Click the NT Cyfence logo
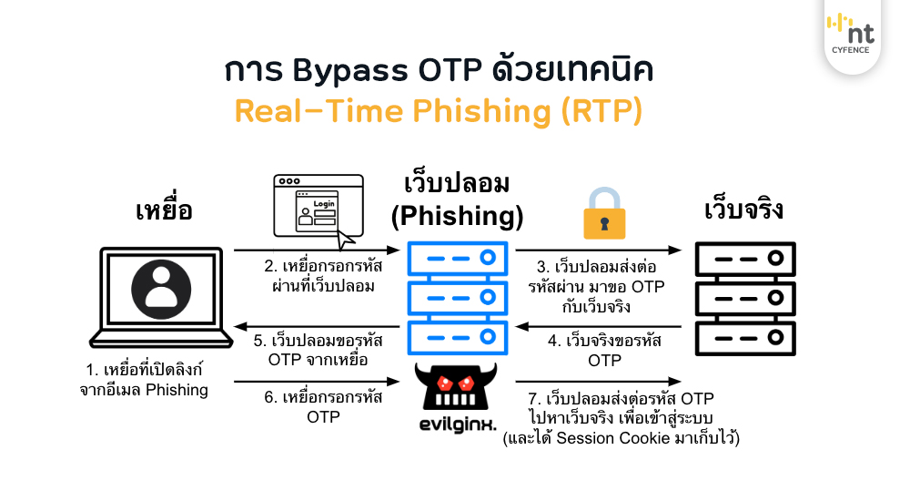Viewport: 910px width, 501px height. pos(850,36)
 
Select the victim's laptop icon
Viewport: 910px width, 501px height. pos(160,301)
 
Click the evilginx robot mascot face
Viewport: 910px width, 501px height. pos(455,386)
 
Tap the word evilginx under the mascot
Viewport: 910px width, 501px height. pos(455,424)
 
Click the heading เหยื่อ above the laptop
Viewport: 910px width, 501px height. pos(163,212)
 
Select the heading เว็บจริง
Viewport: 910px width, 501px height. pos(744,210)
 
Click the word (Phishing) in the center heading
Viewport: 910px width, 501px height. pos(456,217)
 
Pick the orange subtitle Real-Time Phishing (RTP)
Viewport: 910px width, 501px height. pos(439,110)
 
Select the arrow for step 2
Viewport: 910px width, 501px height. pos(317,250)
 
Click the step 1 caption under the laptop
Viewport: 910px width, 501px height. pos(144,382)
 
